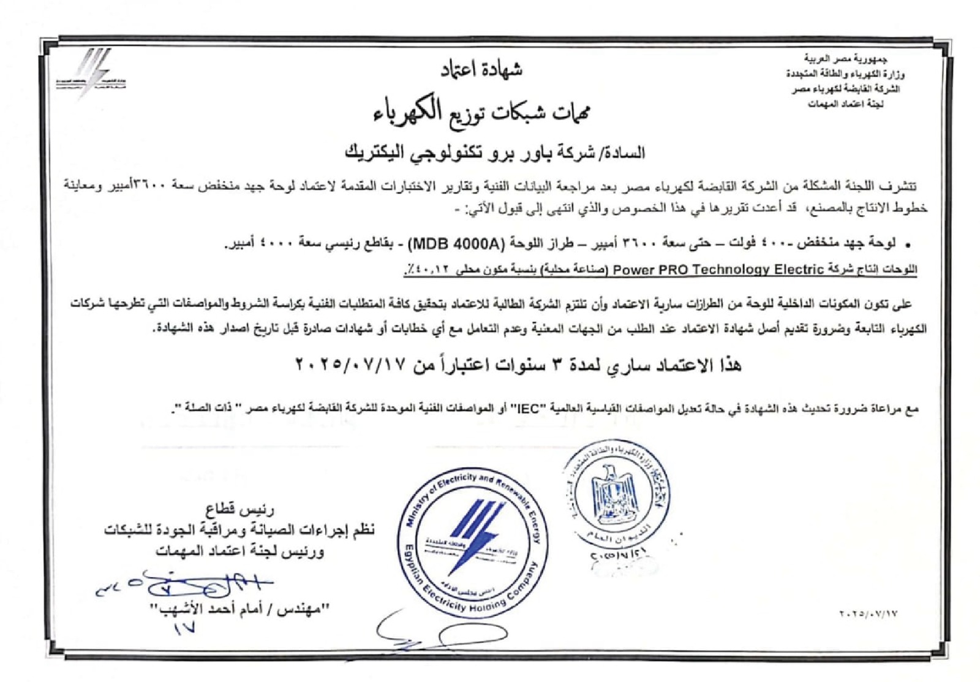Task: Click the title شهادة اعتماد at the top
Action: [481, 70]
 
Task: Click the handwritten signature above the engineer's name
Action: [184, 582]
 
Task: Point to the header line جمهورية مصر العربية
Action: [845, 59]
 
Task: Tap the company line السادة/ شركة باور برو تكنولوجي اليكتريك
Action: [495, 152]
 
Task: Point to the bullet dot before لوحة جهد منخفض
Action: [908, 244]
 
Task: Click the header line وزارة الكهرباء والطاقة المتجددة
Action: [845, 75]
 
